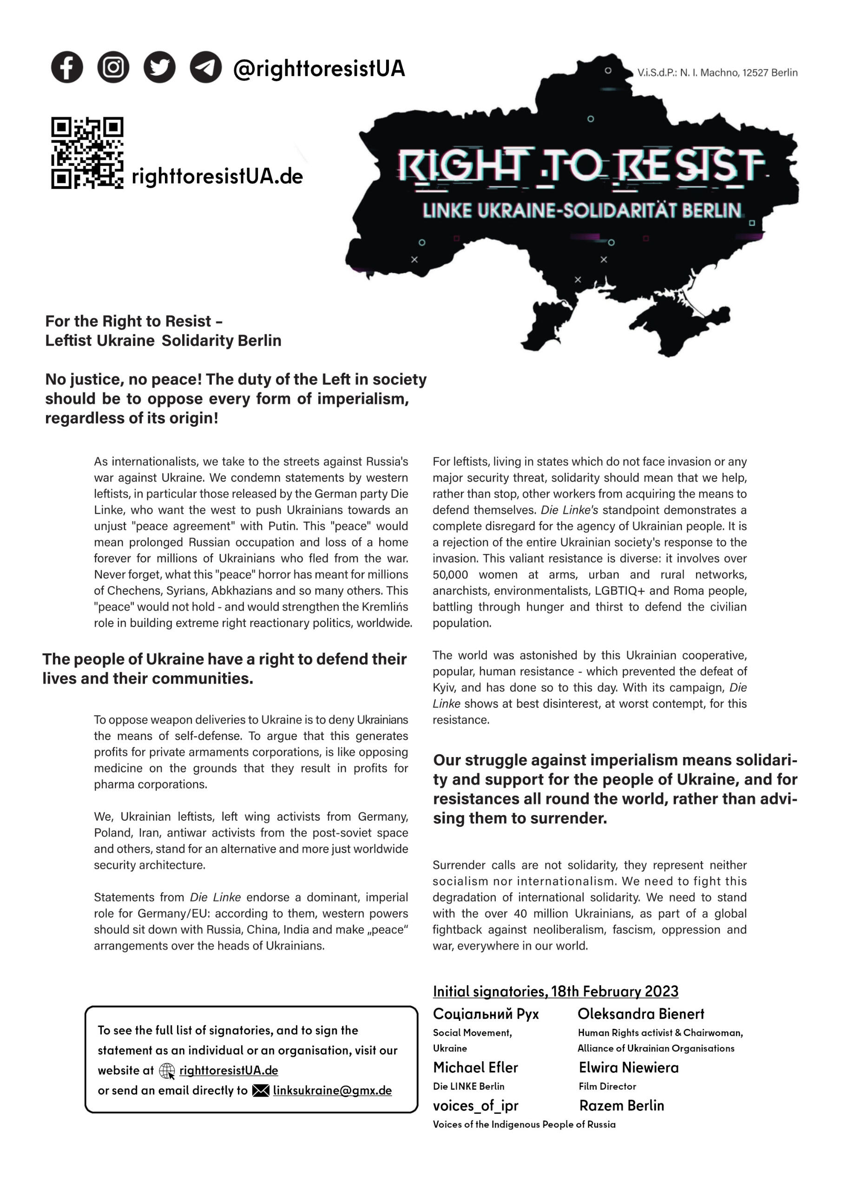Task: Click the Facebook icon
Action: pos(67,67)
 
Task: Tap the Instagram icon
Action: pos(113,67)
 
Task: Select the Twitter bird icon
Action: pos(159,67)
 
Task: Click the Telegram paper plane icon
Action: pos(206,67)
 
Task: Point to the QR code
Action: pos(87,153)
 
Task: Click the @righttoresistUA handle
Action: pos(319,69)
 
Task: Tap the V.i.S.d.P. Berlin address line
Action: pos(717,73)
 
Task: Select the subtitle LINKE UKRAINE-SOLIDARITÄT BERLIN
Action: pos(582,211)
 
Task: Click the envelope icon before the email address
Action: pos(261,1091)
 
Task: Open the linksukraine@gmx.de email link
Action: pos(332,1091)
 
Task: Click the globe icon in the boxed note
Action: pos(167,1071)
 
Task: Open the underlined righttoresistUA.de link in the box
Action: pos(229,1071)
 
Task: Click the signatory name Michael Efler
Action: pos(475,1067)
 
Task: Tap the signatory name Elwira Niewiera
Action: pos(629,1067)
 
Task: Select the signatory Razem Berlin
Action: pos(621,1105)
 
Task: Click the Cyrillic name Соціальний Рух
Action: pos(486,1014)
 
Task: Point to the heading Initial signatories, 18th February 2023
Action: pos(556,991)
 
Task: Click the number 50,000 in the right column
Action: pos(450,575)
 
